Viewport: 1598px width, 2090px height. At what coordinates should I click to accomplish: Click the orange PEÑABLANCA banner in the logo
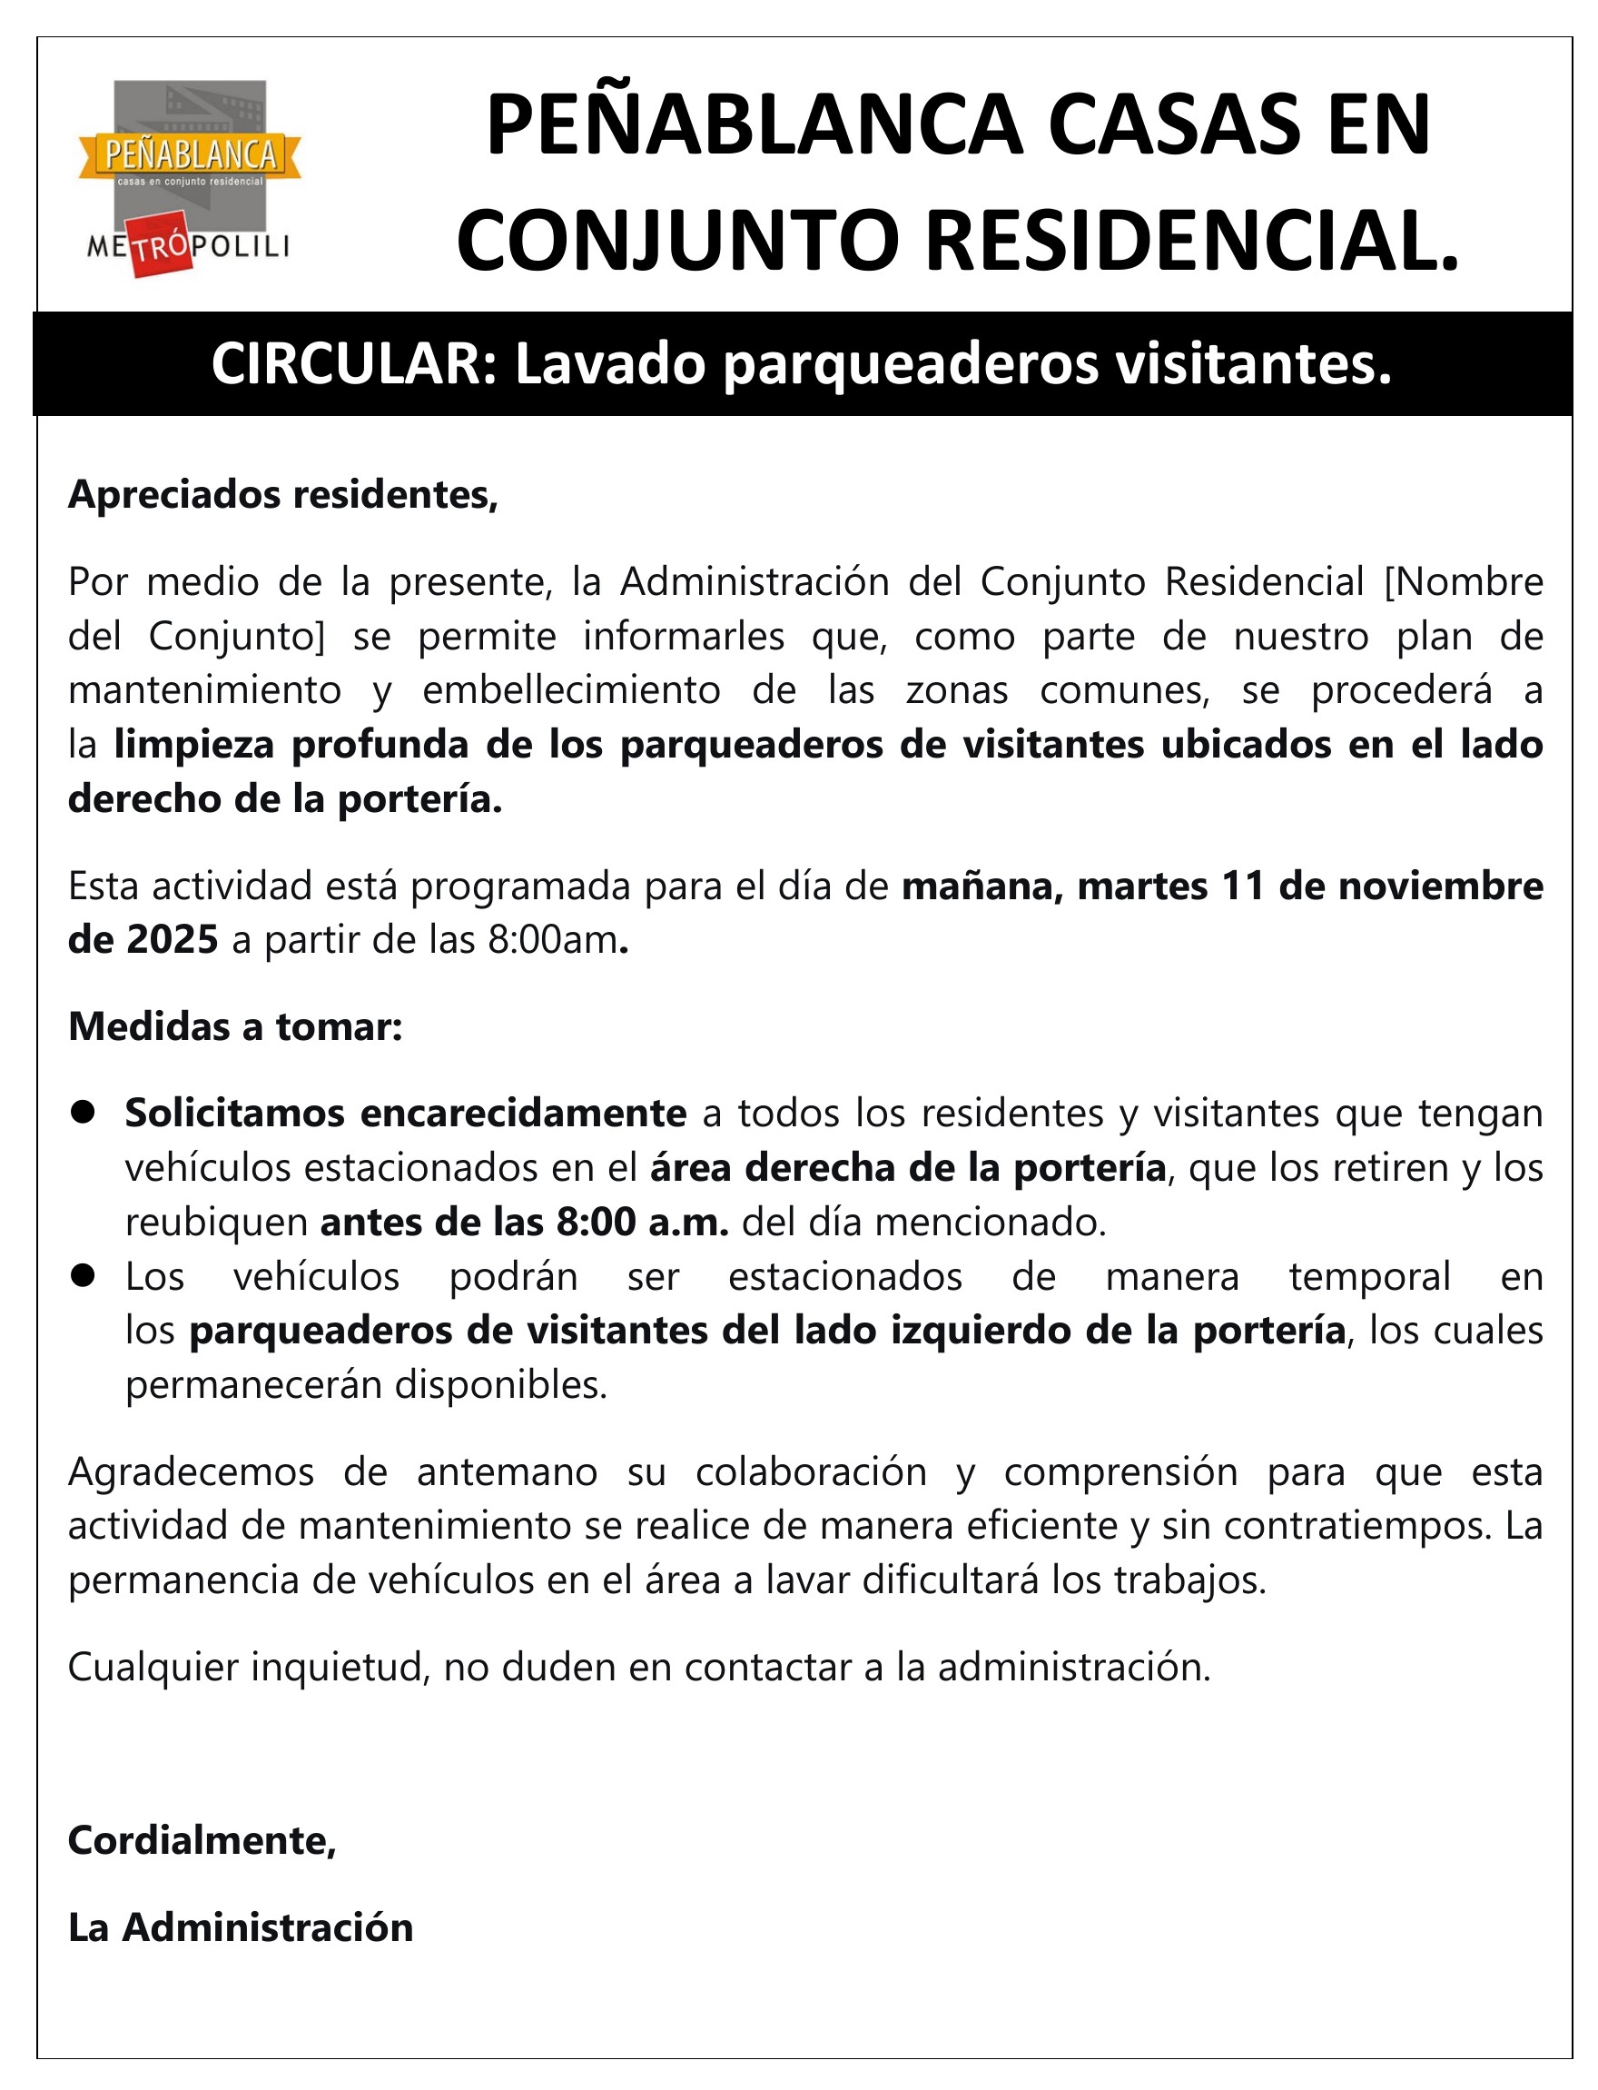click(191, 154)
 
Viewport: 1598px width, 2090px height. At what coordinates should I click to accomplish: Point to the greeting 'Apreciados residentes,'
click(282, 495)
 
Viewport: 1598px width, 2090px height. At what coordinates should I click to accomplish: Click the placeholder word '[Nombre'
click(1464, 581)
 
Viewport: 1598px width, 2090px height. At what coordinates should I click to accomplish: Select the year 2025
click(173, 940)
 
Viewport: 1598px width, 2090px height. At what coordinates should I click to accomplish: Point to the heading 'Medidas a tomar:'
click(235, 1026)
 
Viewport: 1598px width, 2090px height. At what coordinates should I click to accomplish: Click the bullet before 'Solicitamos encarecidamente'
click(84, 1112)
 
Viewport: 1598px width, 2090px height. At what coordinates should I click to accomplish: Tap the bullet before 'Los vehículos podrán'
click(84, 1275)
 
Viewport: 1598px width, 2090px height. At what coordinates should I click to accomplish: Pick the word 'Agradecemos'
click(191, 1471)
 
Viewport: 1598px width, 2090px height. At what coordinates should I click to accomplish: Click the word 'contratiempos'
click(1355, 1526)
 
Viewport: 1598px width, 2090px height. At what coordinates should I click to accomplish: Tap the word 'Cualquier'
click(153, 1667)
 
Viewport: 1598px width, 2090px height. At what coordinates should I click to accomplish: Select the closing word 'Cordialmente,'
click(202, 1841)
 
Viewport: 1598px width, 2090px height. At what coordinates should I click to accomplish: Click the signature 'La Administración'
click(241, 1927)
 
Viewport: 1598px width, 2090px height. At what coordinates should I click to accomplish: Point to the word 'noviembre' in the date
click(1440, 886)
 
